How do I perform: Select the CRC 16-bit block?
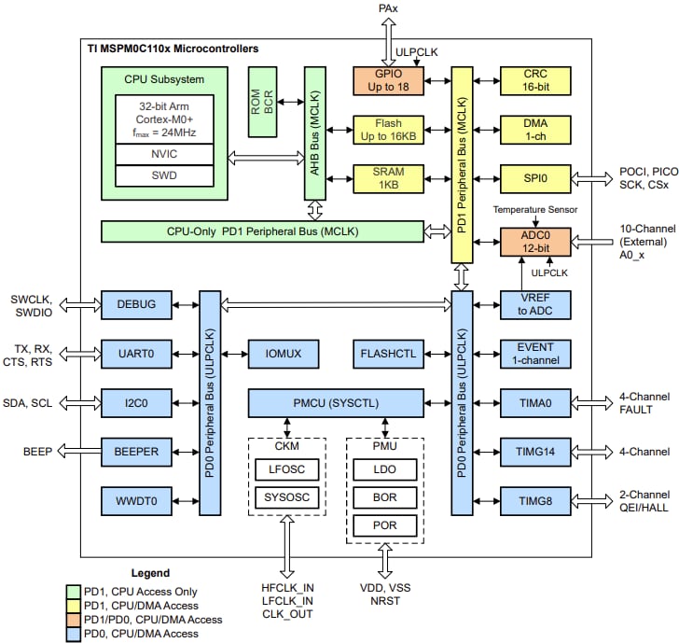pos(533,80)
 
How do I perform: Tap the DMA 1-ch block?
pos(533,130)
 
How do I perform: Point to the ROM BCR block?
pos(263,102)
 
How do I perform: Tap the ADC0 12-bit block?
pos(533,242)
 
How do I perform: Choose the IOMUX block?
pos(284,354)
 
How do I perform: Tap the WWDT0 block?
pos(137,501)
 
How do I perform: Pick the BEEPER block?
pos(137,452)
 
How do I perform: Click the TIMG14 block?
pos(533,452)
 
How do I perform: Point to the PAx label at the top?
pos(388,8)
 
